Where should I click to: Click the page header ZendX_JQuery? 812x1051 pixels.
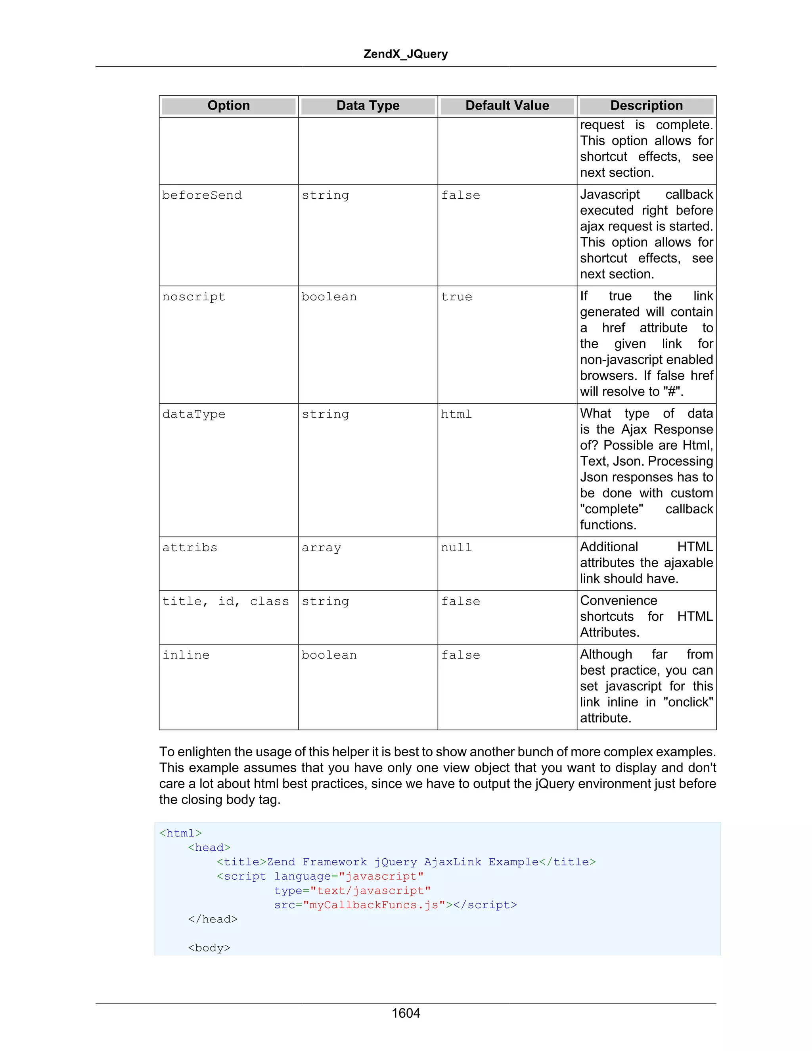point(405,54)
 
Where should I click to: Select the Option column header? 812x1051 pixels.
point(228,106)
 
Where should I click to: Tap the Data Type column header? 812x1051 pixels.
point(368,106)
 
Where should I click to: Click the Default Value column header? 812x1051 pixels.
point(507,106)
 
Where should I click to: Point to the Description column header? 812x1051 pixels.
point(646,106)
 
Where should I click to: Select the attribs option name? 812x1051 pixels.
point(190,548)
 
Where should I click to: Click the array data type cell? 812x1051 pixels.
point(321,548)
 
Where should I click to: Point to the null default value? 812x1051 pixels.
point(456,548)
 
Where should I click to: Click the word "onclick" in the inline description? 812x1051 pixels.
point(688,702)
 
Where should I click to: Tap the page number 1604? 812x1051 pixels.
point(406,1013)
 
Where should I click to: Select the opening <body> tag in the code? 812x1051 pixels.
point(209,948)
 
